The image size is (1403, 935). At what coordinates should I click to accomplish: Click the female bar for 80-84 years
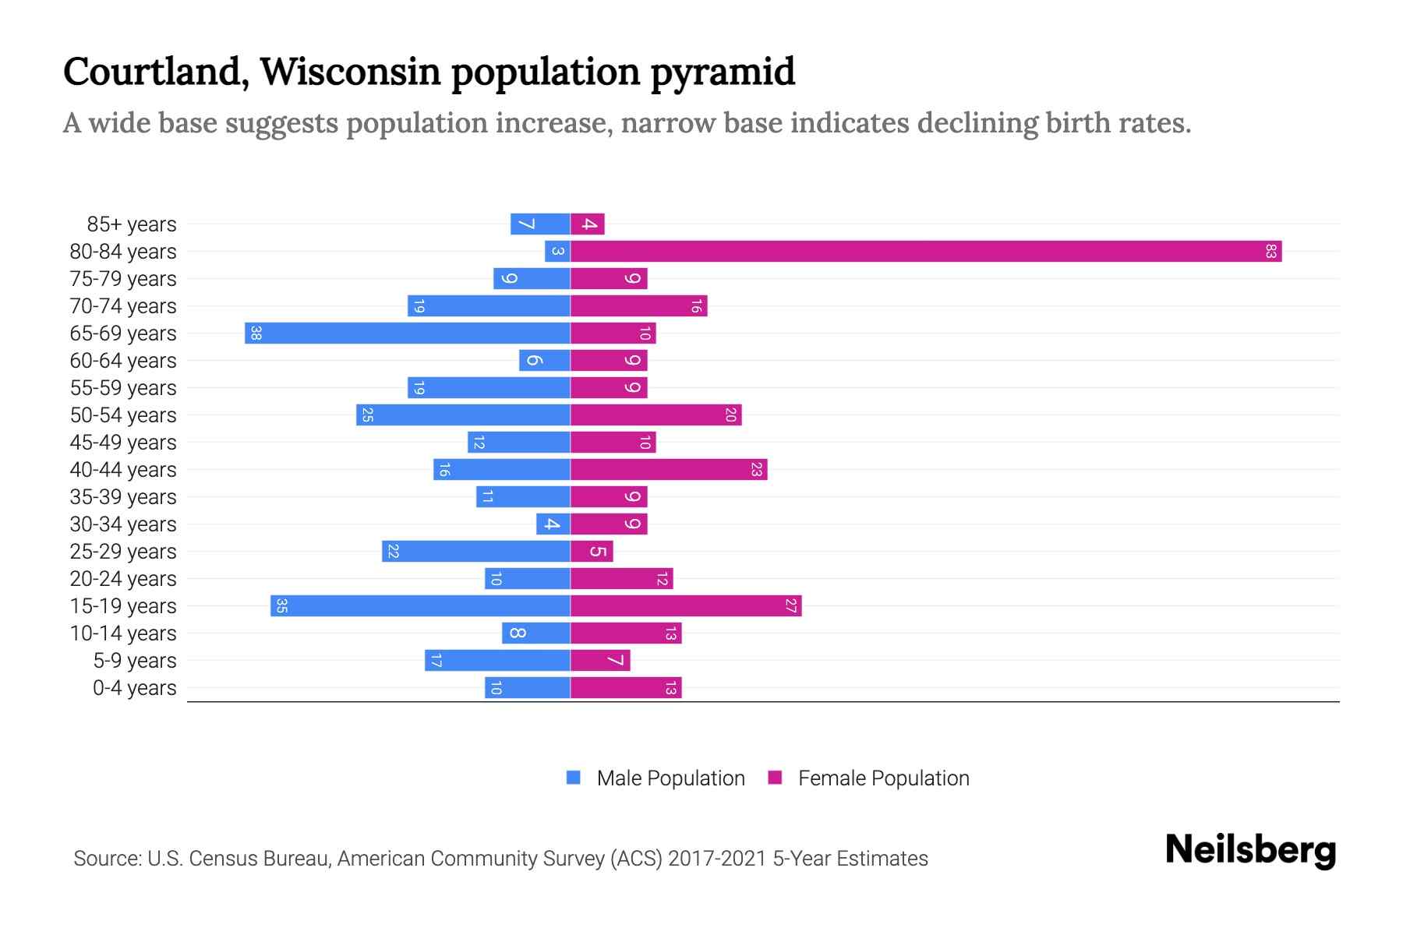pyautogui.click(x=926, y=252)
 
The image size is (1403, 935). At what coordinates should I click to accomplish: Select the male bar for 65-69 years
pyautogui.click(x=408, y=333)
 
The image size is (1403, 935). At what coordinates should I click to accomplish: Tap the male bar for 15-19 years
pyautogui.click(x=421, y=606)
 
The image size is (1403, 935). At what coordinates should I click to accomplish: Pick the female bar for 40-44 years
pyautogui.click(x=669, y=470)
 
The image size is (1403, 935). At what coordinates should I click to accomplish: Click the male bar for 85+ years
pyautogui.click(x=540, y=224)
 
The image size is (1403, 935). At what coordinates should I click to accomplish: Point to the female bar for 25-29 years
pyautogui.click(x=592, y=552)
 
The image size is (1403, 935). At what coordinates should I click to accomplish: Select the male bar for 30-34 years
pyautogui.click(x=553, y=524)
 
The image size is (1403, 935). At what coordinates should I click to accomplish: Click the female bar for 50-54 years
pyautogui.click(x=656, y=415)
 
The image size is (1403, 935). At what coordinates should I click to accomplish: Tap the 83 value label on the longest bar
pyautogui.click(x=1270, y=252)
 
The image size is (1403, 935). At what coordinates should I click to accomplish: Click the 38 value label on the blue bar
pyautogui.click(x=256, y=333)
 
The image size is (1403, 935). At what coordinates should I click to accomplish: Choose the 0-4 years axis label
pyautogui.click(x=135, y=688)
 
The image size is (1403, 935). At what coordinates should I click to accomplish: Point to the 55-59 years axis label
pyautogui.click(x=123, y=388)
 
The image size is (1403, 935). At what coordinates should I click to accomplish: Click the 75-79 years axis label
pyautogui.click(x=123, y=279)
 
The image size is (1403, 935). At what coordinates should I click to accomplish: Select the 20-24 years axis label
pyautogui.click(x=123, y=579)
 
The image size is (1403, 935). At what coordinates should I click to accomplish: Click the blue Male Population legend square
pyautogui.click(x=574, y=778)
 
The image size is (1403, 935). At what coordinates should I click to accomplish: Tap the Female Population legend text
pyautogui.click(x=883, y=778)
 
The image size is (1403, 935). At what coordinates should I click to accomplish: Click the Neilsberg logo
pyautogui.click(x=1250, y=850)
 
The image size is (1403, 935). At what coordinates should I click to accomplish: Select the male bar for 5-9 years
pyautogui.click(x=497, y=661)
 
